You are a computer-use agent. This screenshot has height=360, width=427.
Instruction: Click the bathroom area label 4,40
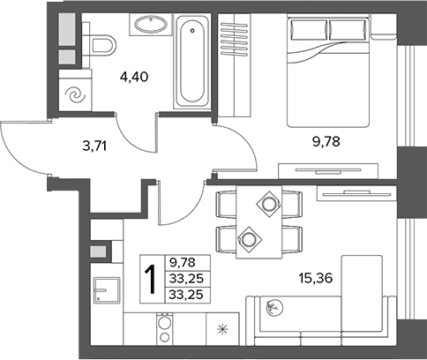pyautogui.click(x=134, y=77)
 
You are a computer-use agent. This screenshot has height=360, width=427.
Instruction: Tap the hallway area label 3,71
pyautogui.click(x=94, y=146)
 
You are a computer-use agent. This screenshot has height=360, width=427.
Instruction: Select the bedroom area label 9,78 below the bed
pyautogui.click(x=326, y=142)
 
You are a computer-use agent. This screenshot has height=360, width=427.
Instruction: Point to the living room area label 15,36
pyautogui.click(x=316, y=278)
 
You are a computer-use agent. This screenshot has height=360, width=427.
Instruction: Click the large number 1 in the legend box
pyautogui.click(x=152, y=279)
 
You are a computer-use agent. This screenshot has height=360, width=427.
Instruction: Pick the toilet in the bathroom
pyautogui.click(x=101, y=46)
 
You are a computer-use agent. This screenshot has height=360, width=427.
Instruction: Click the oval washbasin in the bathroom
pyautogui.click(x=151, y=24)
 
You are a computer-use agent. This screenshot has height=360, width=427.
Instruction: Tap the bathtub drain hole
pyautogui.click(x=192, y=30)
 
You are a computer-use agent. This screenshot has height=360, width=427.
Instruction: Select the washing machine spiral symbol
pyautogui.click(x=75, y=95)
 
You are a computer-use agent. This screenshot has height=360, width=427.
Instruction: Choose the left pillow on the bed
pyautogui.click(x=309, y=29)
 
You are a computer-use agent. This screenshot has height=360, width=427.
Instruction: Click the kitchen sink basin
pyautogui.click(x=107, y=290)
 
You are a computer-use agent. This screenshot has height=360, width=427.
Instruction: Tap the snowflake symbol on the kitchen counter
pyautogui.click(x=222, y=329)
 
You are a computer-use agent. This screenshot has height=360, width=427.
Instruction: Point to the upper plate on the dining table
pyautogui.click(x=268, y=204)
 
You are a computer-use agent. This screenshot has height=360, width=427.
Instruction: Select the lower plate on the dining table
pyautogui.click(x=248, y=238)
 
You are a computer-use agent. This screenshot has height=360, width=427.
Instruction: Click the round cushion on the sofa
pyautogui.click(x=274, y=308)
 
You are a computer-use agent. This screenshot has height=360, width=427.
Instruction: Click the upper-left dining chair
pyautogui.click(x=227, y=204)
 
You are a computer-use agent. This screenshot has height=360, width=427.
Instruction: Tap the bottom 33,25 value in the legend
pyautogui.click(x=186, y=295)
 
